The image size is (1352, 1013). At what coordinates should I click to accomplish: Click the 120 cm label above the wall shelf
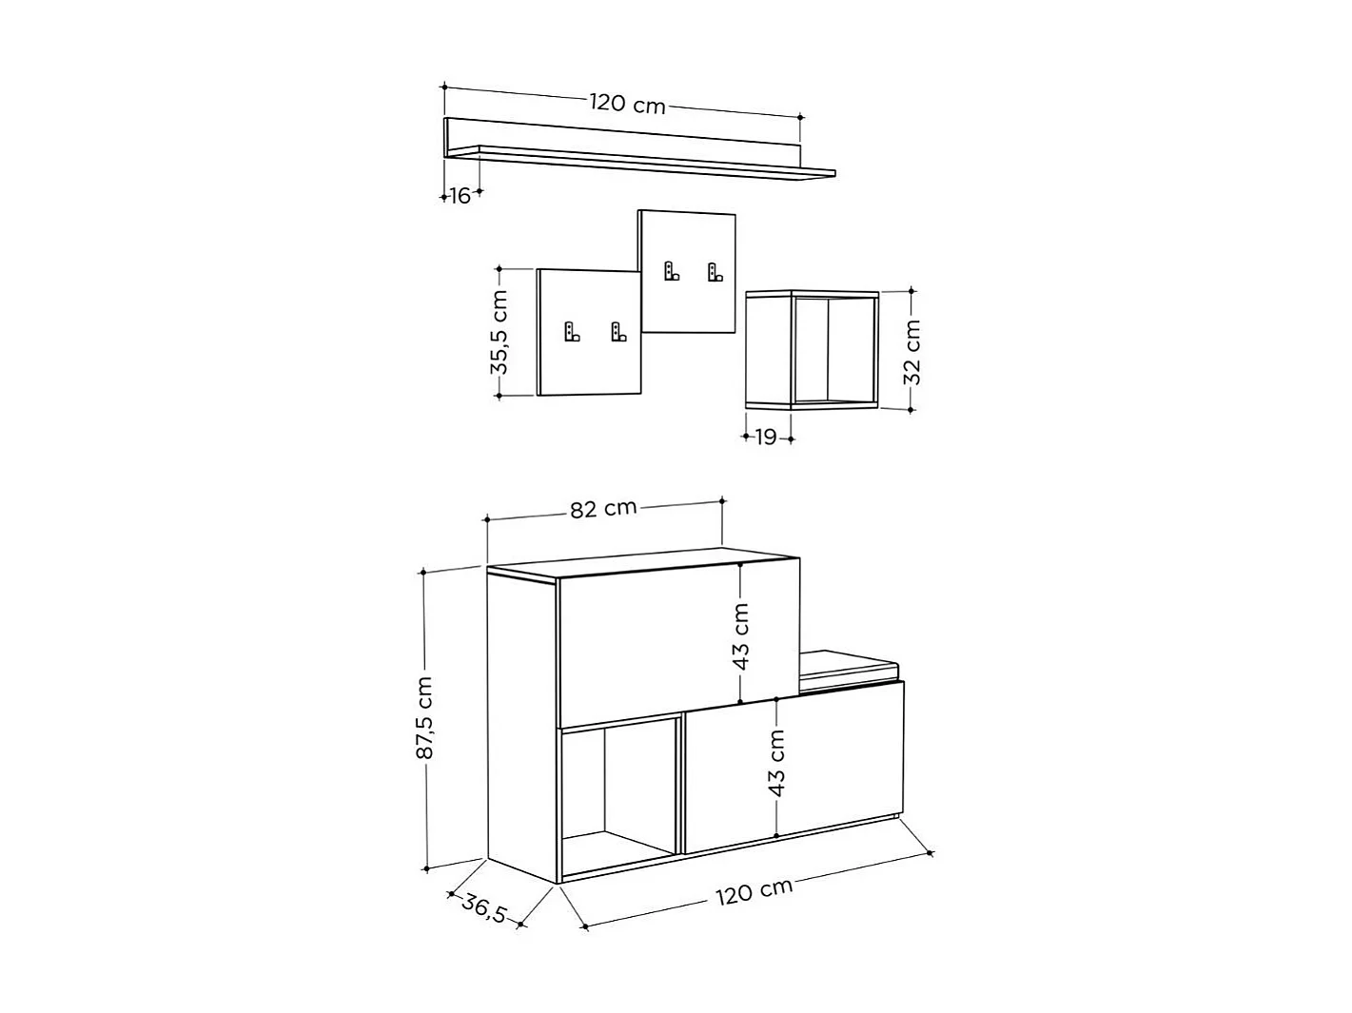coord(627,104)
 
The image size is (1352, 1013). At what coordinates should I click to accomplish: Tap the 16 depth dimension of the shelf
coord(460,196)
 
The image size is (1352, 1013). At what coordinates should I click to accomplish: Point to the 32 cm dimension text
coord(911,350)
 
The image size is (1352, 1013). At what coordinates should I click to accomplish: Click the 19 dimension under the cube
coord(766,437)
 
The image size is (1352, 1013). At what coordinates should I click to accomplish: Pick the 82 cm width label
coord(603,509)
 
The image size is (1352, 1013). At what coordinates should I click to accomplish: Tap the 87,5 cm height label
coord(425,717)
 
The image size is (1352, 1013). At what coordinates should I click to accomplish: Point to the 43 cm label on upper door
coord(742,635)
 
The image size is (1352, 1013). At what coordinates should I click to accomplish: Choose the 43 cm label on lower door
coord(776,763)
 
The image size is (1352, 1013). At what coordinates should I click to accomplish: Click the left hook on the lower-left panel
coord(571,332)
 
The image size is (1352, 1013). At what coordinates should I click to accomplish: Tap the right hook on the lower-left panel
coord(618,332)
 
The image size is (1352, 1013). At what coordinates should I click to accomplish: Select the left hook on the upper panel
coord(672,271)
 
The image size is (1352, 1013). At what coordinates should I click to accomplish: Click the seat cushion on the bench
coord(848,664)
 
